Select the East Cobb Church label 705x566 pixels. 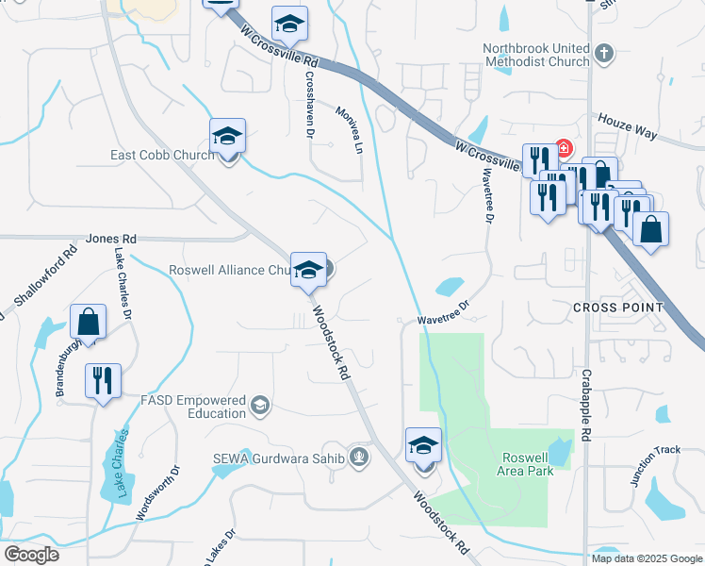tap(163, 156)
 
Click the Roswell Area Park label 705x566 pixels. tap(525, 464)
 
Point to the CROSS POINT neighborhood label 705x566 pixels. tap(617, 308)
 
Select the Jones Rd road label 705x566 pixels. tap(111, 240)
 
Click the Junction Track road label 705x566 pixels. tap(654, 466)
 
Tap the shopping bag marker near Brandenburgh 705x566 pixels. tap(88, 321)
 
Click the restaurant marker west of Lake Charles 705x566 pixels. tap(102, 381)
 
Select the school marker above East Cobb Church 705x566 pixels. tap(227, 136)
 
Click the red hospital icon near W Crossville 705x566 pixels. tap(564, 149)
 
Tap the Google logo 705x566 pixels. tap(31, 555)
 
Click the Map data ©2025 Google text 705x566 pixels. tap(647, 558)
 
